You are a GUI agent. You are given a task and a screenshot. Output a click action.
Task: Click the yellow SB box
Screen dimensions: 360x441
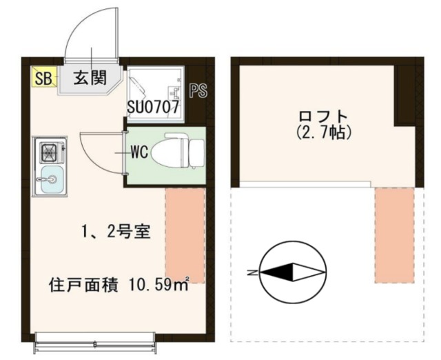43,77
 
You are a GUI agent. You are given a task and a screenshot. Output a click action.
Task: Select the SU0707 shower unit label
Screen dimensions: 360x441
153,108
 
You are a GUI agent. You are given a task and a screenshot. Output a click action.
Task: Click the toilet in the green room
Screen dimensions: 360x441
176,150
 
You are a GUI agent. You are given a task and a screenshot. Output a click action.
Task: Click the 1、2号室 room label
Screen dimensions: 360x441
114,232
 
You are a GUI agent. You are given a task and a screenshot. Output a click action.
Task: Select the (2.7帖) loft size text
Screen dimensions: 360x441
323,131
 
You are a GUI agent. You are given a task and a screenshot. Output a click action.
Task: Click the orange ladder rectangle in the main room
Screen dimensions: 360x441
185,234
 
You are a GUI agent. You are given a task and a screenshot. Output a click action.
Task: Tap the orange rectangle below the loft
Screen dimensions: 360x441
394,234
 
